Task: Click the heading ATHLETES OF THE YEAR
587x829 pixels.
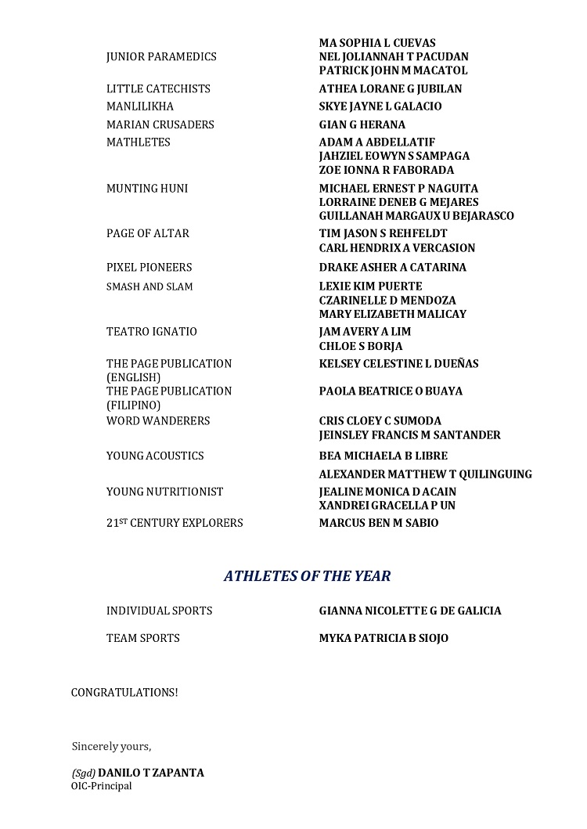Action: [307, 576]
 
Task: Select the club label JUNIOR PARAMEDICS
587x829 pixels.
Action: [161, 57]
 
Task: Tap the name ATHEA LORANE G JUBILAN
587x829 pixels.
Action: [390, 89]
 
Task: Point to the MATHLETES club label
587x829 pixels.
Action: [139, 142]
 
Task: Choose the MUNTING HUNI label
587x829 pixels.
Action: [147, 189]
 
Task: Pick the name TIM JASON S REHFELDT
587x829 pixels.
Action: [383, 234]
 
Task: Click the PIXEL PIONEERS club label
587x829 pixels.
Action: [149, 268]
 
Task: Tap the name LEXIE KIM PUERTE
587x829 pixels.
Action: [370, 287]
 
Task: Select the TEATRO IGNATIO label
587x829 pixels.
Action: [152, 332]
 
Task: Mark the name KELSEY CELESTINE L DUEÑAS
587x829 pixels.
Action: [398, 364]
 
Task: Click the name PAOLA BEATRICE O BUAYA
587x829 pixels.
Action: [391, 391]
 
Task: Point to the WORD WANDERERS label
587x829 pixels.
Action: [158, 421]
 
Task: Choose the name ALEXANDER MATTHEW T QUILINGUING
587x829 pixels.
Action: [425, 474]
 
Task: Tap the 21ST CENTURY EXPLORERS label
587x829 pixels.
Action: [175, 523]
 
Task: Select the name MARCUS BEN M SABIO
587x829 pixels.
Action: [378, 523]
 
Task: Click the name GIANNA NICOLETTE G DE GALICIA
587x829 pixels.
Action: [410, 611]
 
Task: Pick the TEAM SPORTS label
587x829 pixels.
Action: [143, 639]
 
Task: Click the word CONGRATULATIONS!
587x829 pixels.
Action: [124, 693]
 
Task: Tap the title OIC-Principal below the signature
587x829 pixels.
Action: [102, 787]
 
